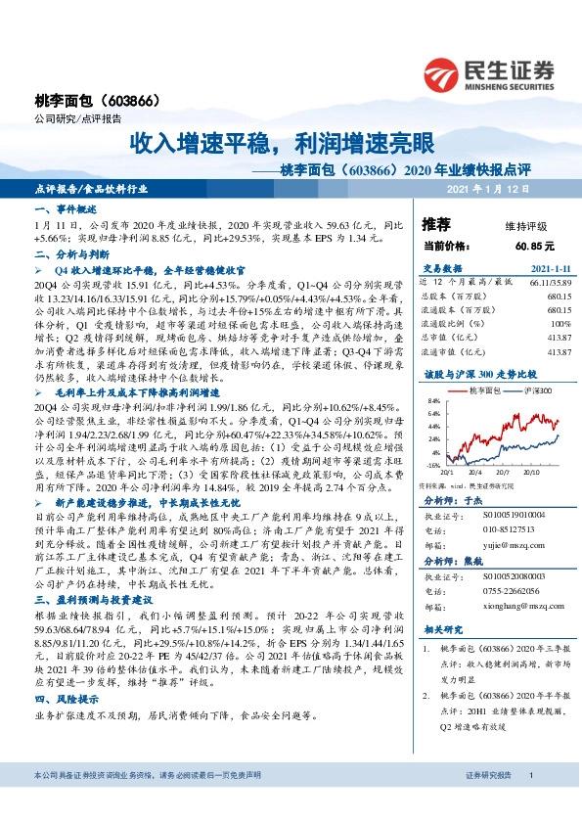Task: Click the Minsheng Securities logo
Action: pyautogui.click(x=490, y=74)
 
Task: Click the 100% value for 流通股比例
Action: pyautogui.click(x=560, y=322)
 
